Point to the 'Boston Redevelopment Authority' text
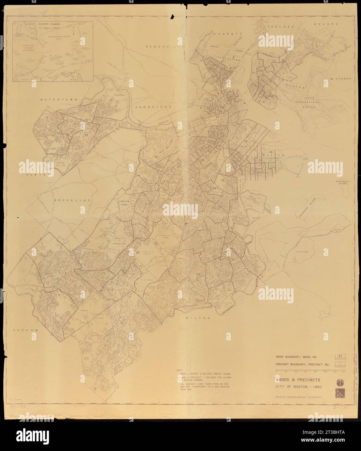(x=299, y=397)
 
